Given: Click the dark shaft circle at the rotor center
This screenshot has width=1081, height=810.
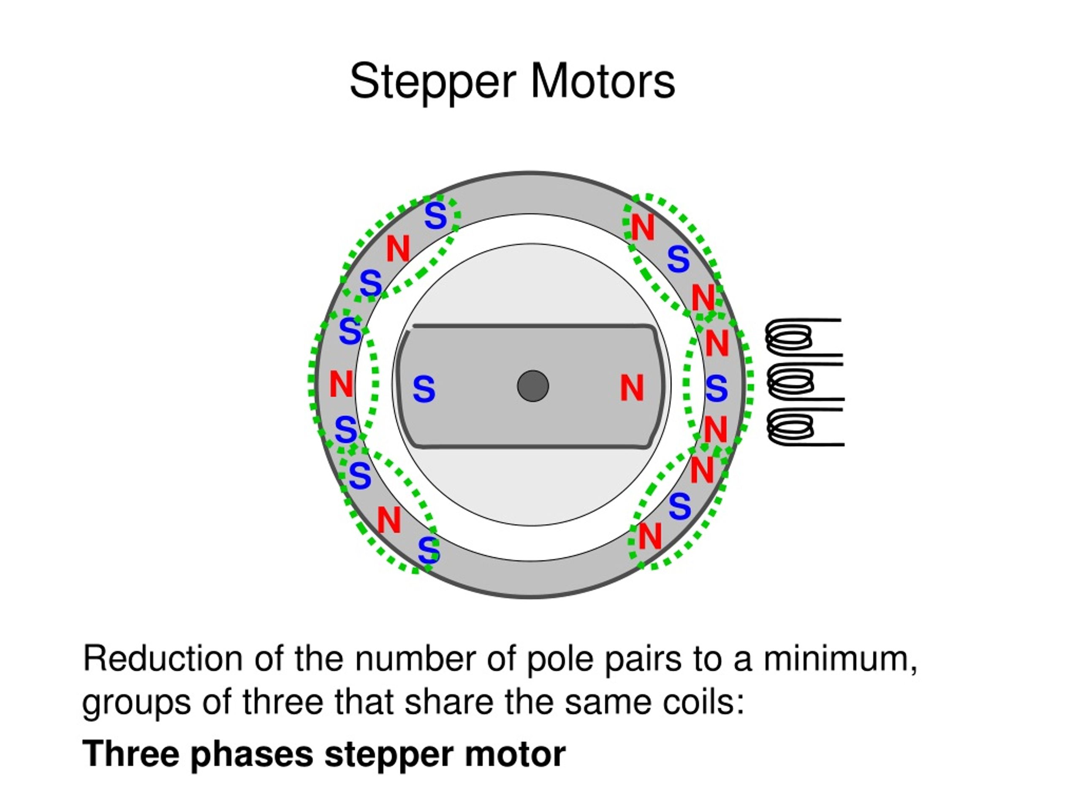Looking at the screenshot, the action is [x=532, y=386].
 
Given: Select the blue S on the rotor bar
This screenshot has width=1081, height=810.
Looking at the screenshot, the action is [x=424, y=389].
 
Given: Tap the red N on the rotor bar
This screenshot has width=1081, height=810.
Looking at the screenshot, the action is [x=632, y=388].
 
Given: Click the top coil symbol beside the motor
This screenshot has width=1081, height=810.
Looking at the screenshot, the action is [x=804, y=337].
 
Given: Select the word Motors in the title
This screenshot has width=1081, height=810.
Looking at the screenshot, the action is [x=603, y=81].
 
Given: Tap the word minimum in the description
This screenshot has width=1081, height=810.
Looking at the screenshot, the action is [x=839, y=659].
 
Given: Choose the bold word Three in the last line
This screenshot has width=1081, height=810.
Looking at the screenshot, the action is [x=131, y=754].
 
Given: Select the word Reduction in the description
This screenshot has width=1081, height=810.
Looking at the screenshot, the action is [x=163, y=659].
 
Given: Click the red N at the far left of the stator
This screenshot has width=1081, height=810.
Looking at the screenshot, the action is [x=341, y=384].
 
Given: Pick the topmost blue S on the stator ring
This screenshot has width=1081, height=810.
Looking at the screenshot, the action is [x=435, y=216].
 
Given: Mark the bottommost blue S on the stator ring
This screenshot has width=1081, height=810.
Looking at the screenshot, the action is [x=429, y=550].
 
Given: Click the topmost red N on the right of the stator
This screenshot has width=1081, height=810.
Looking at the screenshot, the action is [x=643, y=227].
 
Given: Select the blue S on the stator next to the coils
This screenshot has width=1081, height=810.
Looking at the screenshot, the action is [x=717, y=389].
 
